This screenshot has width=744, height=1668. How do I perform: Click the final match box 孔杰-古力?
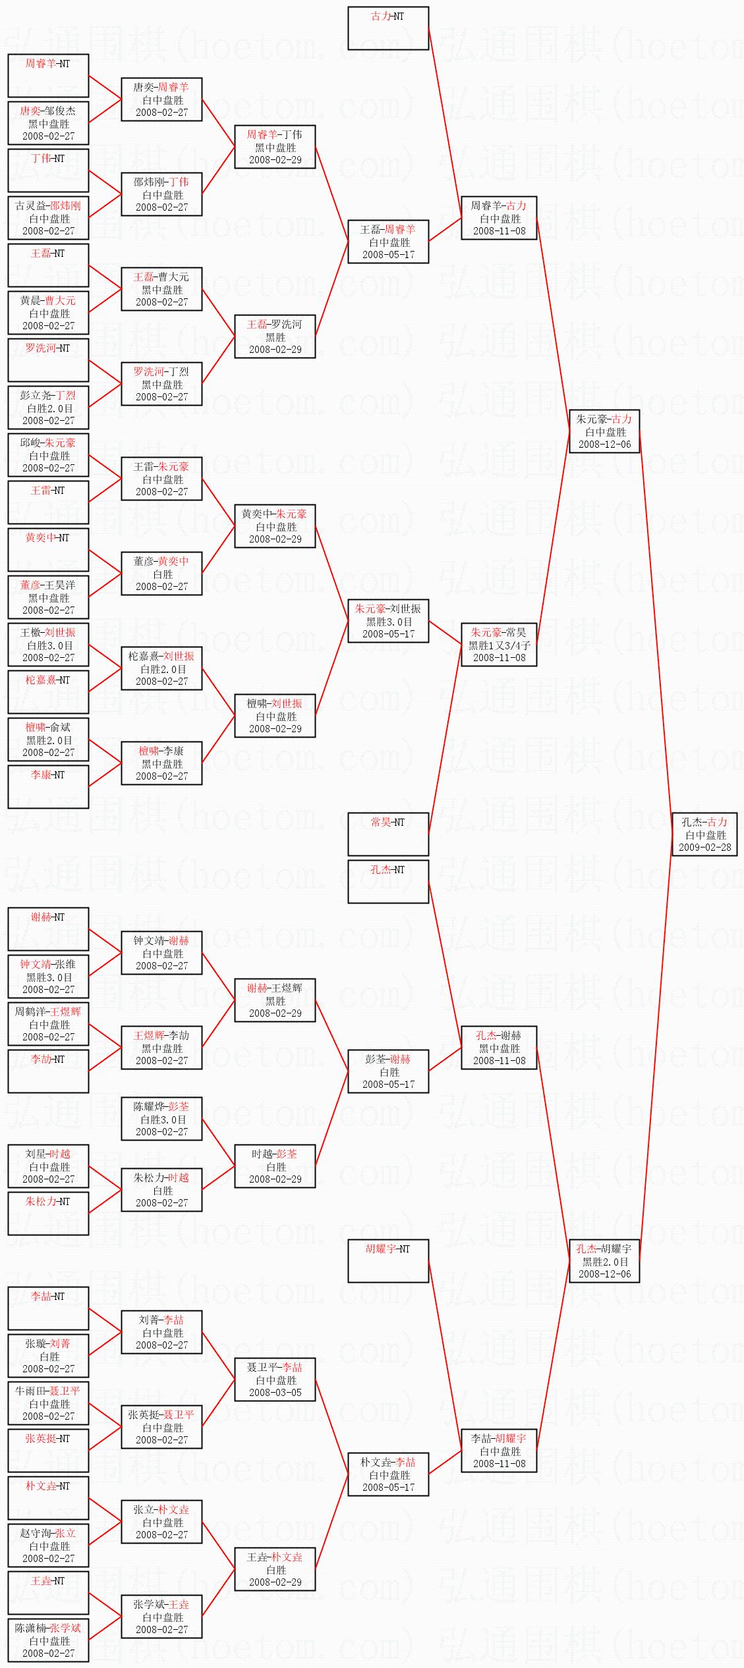pyautogui.click(x=704, y=834)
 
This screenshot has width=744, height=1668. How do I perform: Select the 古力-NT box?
pyautogui.click(x=388, y=28)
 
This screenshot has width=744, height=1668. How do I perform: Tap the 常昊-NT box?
pyautogui.click(x=388, y=834)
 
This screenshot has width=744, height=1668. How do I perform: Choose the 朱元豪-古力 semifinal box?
pyautogui.click(x=604, y=431)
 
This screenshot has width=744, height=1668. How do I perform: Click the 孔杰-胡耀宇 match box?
pyautogui.click(x=604, y=1261)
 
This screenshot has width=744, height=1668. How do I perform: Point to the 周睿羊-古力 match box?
pyautogui.click(x=499, y=218)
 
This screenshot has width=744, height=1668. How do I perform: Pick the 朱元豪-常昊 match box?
pyautogui.click(x=499, y=645)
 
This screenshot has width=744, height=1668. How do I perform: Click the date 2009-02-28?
pyautogui.click(x=704, y=847)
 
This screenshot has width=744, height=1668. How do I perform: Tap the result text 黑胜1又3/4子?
pyautogui.click(x=499, y=645)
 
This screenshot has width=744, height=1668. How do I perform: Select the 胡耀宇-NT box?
pyautogui.click(x=388, y=1261)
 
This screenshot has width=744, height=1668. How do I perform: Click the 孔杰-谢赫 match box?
pyautogui.click(x=499, y=1048)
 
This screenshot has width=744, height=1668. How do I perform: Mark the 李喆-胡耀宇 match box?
pyautogui.click(x=499, y=1451)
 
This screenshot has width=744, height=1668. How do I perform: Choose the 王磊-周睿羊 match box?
pyautogui.click(x=388, y=242)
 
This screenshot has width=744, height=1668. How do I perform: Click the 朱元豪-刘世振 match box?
pyautogui.click(x=388, y=621)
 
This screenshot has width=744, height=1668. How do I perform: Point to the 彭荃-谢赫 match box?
pyautogui.click(x=388, y=1071)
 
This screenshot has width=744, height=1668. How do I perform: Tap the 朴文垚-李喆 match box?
pyautogui.click(x=388, y=1474)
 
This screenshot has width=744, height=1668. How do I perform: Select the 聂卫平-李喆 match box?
pyautogui.click(x=275, y=1380)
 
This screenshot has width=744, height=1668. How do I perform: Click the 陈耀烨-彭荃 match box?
pyautogui.click(x=161, y=1119)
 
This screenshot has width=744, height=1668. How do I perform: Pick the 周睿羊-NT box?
pyautogui.click(x=48, y=76)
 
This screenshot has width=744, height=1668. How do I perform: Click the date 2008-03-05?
pyautogui.click(x=275, y=1393)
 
